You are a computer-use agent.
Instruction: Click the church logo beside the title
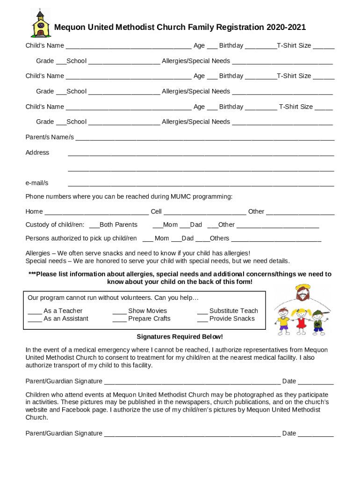[40, 23]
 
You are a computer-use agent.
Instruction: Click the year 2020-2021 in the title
[286, 28]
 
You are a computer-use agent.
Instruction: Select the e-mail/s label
[37, 183]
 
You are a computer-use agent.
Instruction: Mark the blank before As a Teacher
[35, 312]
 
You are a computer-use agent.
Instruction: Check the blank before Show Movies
[119, 312]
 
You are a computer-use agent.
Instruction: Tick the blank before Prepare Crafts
[119, 320]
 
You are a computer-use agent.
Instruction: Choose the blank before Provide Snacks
[202, 320]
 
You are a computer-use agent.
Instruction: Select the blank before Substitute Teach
[202, 312]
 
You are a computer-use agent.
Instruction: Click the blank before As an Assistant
[35, 320]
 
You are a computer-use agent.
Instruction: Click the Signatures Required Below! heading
[180, 337]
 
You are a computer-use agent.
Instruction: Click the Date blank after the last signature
[316, 435]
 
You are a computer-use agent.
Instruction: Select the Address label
[37, 152]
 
